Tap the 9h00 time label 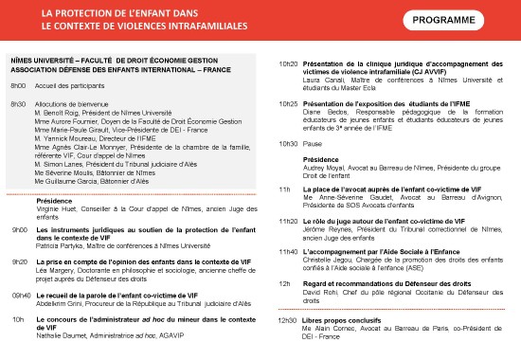click(19, 229)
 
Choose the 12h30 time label click(286, 319)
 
